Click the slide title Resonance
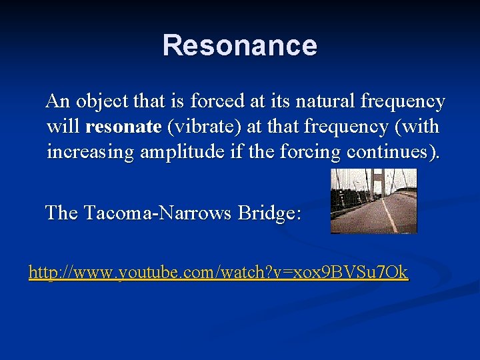click(240, 45)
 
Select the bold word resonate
click(124, 127)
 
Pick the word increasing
click(91, 152)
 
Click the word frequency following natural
click(403, 103)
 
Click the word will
click(64, 127)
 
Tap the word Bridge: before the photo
click(269, 213)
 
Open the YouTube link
click(218, 273)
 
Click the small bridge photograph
click(373, 201)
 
